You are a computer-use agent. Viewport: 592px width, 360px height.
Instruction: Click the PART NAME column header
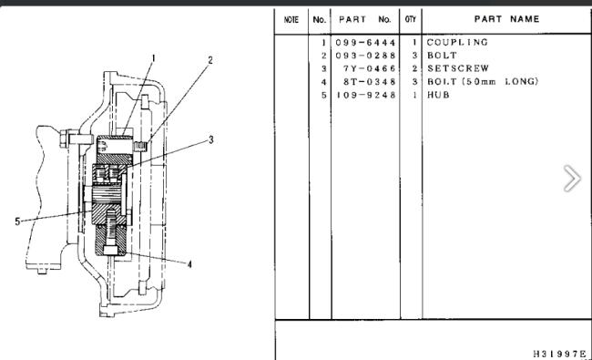pyautogui.click(x=506, y=19)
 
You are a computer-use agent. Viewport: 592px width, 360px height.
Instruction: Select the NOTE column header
pyautogui.click(x=291, y=20)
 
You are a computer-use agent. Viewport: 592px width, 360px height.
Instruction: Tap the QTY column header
pyautogui.click(x=411, y=19)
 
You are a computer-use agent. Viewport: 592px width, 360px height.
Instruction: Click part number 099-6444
pyautogui.click(x=365, y=43)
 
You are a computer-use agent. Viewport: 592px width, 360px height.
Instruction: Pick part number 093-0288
pyautogui.click(x=365, y=56)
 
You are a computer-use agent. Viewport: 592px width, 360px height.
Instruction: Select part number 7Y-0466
pyautogui.click(x=369, y=68)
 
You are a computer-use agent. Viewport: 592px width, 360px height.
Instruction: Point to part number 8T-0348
pyautogui.click(x=369, y=82)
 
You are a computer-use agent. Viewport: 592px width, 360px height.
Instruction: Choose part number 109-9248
pyautogui.click(x=365, y=95)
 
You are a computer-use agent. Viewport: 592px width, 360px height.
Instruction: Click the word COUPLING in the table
pyautogui.click(x=457, y=42)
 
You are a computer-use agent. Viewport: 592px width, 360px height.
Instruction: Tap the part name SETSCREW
pyautogui.click(x=458, y=68)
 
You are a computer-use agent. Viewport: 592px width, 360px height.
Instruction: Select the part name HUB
pyautogui.click(x=438, y=95)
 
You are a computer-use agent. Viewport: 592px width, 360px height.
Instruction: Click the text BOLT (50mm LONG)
pyautogui.click(x=483, y=82)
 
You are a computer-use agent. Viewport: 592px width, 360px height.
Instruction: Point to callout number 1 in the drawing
pyautogui.click(x=153, y=58)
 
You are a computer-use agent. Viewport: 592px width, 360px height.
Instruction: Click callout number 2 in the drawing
pyautogui.click(x=210, y=60)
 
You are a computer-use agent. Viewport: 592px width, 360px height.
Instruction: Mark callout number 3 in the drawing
pyautogui.click(x=211, y=139)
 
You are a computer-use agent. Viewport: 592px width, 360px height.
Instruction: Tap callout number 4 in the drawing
pyautogui.click(x=189, y=264)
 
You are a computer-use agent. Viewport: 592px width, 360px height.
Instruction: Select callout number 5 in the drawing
pyautogui.click(x=17, y=221)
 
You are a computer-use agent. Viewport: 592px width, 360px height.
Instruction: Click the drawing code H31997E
pyautogui.click(x=560, y=354)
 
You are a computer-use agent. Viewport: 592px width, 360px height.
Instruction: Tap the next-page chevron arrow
pyautogui.click(x=572, y=178)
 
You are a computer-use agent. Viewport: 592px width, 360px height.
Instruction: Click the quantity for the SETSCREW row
pyautogui.click(x=414, y=68)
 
